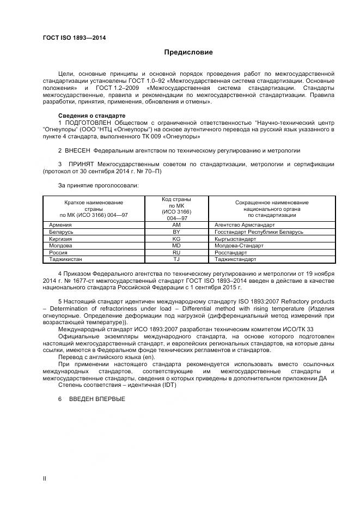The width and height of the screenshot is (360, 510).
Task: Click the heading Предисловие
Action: coord(188,52)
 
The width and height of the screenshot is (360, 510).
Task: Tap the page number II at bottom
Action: coord(45,478)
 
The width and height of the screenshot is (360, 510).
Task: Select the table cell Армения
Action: coord(60,224)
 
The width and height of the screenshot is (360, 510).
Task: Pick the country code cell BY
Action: coord(176,232)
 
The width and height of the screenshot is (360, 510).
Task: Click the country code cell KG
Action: coord(176,239)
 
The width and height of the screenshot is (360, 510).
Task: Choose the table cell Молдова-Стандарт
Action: coord(239,246)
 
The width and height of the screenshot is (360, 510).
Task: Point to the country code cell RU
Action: coord(176,253)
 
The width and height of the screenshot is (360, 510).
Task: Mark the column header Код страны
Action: coord(176,200)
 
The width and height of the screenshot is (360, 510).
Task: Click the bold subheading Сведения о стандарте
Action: coord(91,116)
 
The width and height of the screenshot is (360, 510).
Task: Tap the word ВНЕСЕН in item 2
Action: coord(78,150)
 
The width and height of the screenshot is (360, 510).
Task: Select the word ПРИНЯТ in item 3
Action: coord(81,164)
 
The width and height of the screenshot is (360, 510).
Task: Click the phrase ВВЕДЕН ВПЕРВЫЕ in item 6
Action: coord(96,399)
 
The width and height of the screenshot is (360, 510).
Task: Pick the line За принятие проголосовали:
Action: coord(98,185)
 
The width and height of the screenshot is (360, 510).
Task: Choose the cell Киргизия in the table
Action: coord(61,239)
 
